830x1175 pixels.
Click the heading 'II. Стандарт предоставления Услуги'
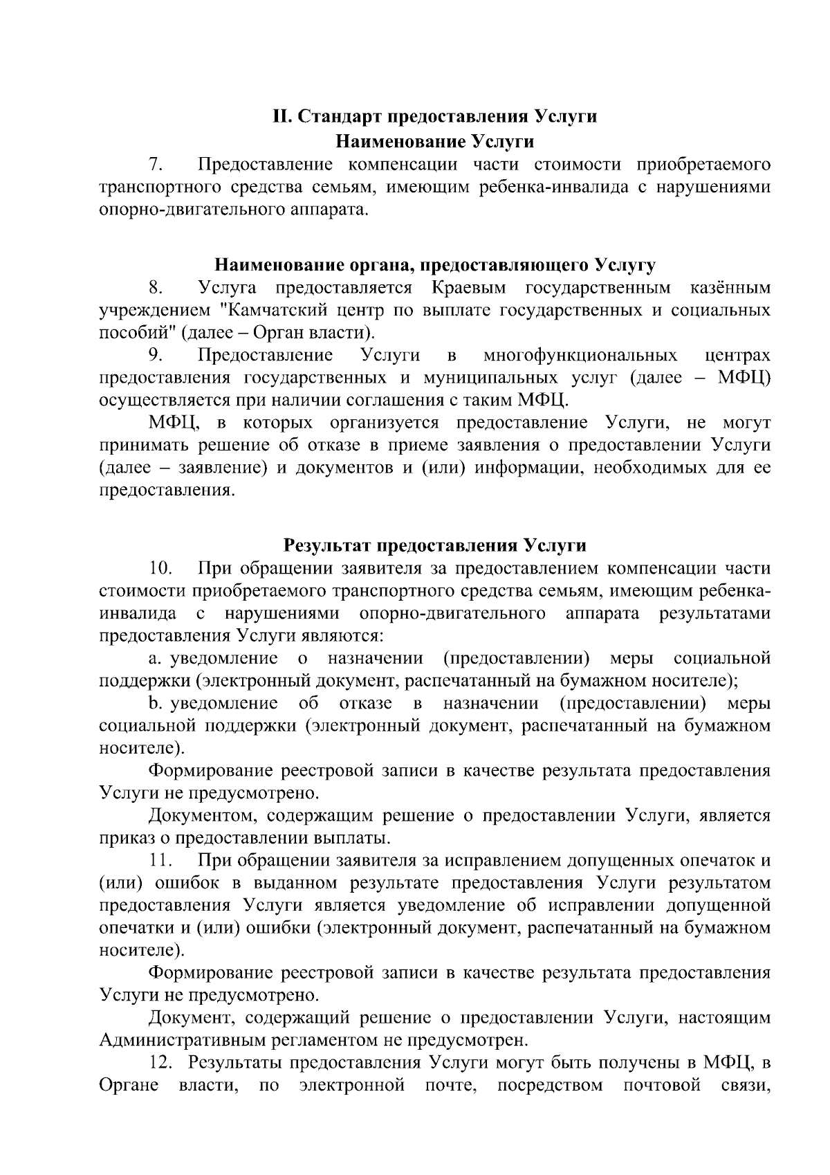coord(434,116)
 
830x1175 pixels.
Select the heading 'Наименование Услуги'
coord(434,142)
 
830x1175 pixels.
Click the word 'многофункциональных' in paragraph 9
coord(580,356)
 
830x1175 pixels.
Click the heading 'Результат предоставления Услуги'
coord(434,546)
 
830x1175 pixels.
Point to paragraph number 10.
coord(160,569)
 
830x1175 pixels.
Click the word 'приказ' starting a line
coord(124,839)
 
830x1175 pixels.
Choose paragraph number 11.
coord(160,861)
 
